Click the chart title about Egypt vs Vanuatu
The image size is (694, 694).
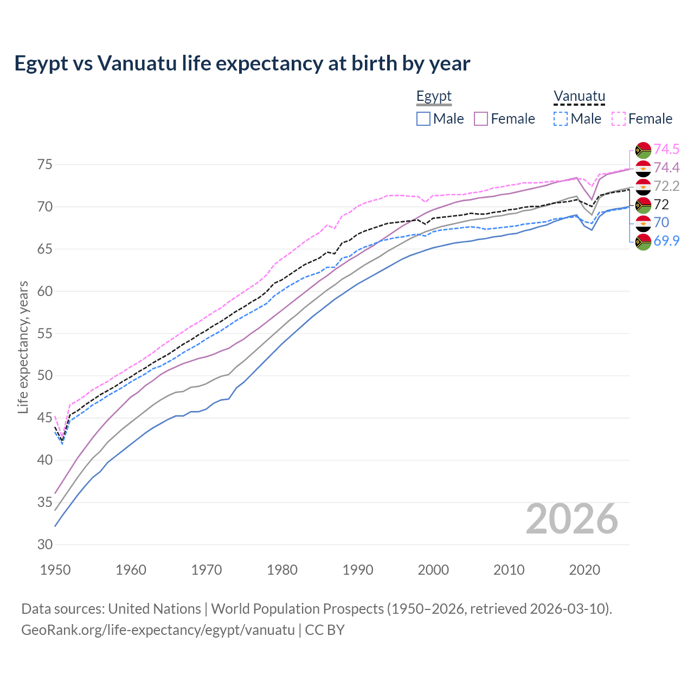pos(242,63)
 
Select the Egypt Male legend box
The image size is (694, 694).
pos(423,119)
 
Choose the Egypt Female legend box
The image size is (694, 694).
pos(481,119)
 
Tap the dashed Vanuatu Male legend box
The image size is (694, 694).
pos(561,119)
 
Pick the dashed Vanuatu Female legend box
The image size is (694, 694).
pos(618,119)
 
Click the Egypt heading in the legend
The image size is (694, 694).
pos(434,97)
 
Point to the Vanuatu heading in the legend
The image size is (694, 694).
pos(579,97)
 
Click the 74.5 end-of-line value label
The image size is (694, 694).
pos(666,150)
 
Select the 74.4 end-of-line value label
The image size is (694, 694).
pos(666,168)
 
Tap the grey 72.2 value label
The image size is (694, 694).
pos(666,187)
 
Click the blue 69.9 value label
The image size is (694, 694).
pos(666,241)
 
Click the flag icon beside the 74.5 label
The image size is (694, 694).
pos(643,150)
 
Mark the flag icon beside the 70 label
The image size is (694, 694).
pos(643,223)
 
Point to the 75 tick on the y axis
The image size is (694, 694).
pos(45,165)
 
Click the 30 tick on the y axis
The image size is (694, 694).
pos(45,544)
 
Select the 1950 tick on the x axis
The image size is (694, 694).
pos(55,570)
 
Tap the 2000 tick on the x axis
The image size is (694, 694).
pos(433,570)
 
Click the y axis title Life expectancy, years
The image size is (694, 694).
pos(23,347)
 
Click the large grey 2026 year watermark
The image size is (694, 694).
pos(572,519)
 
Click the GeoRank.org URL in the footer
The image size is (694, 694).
pos(158,630)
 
